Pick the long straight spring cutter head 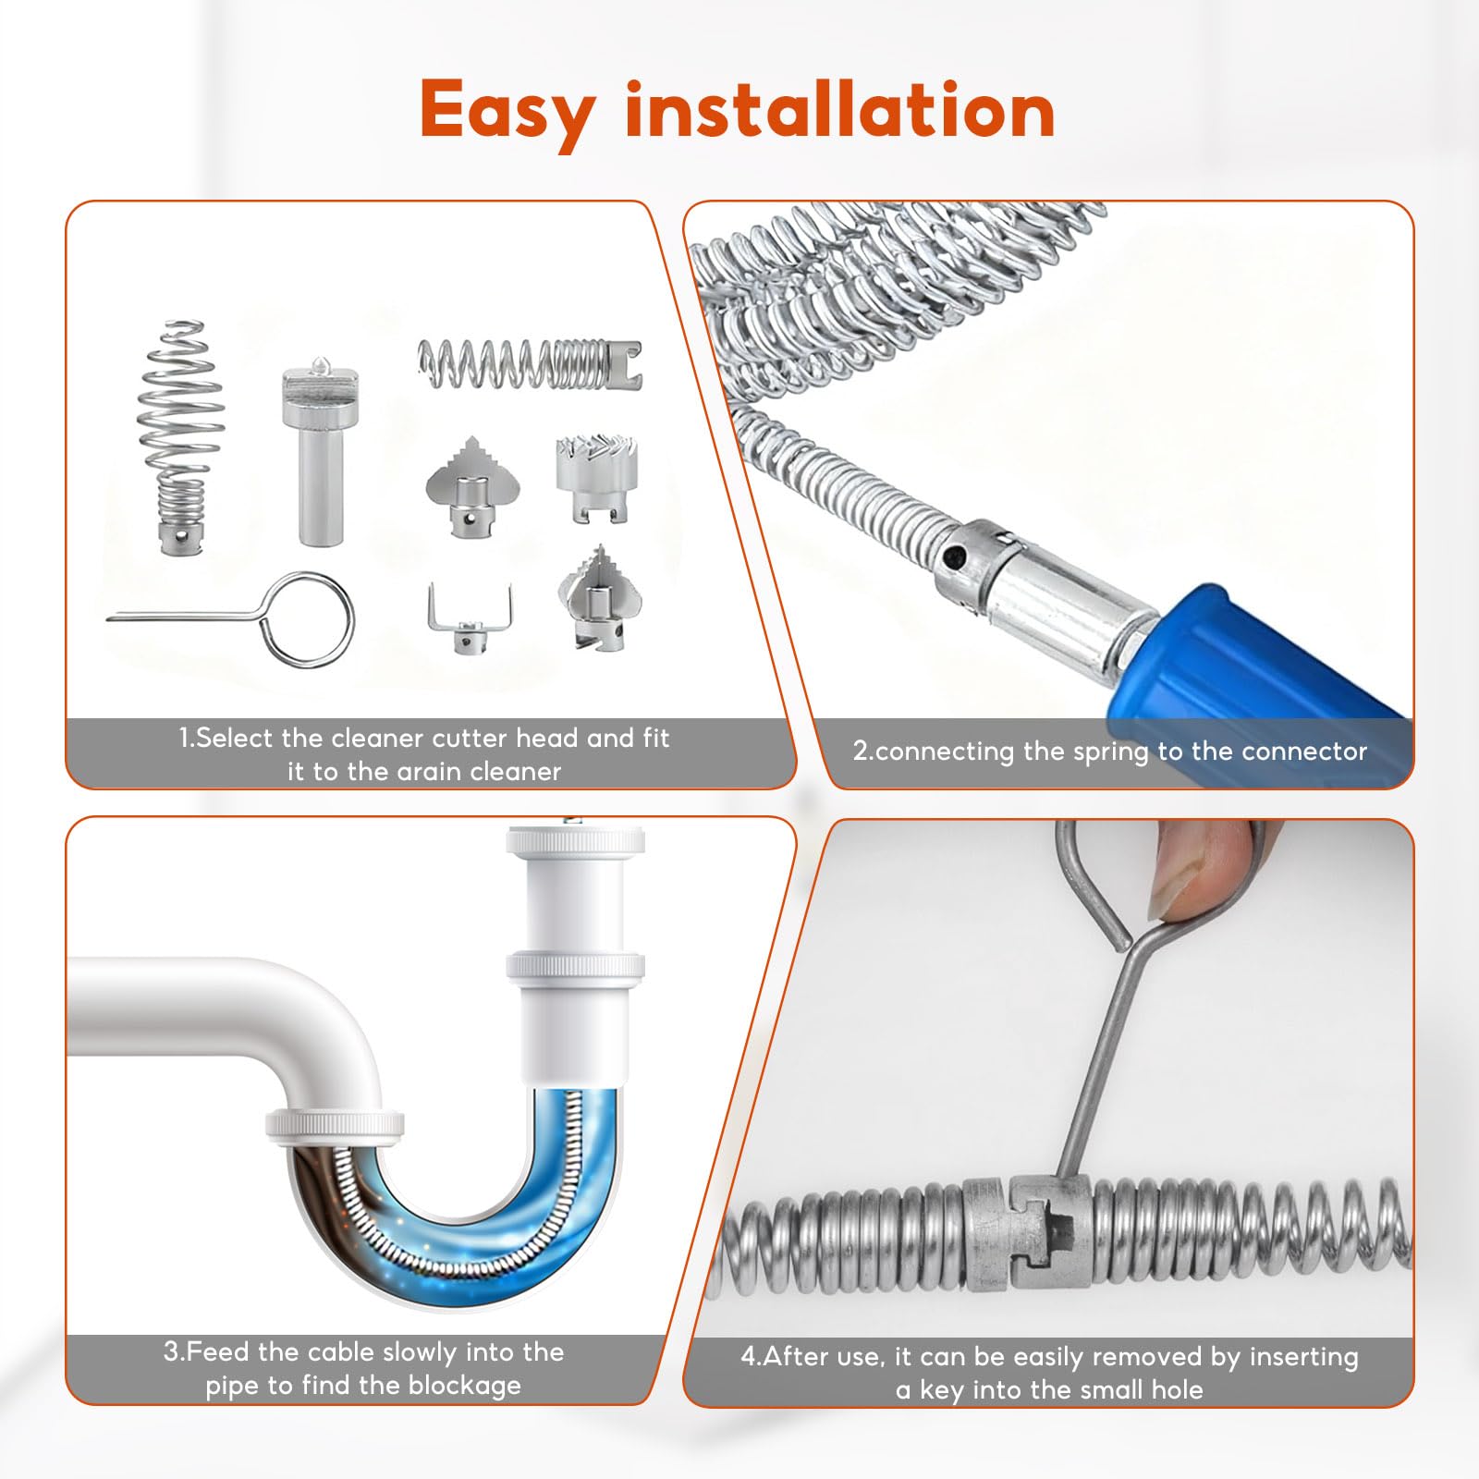(x=530, y=363)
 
